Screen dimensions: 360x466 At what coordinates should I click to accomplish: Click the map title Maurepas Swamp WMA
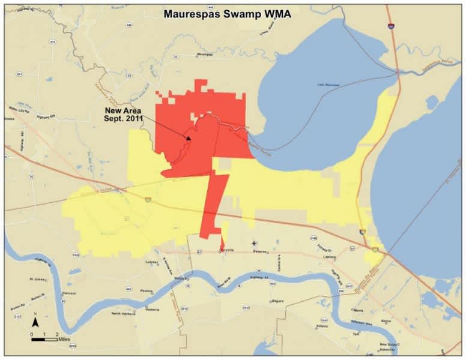227,14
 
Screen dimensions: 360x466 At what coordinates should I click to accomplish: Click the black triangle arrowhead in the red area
188,138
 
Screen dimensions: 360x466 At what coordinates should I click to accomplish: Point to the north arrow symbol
36,322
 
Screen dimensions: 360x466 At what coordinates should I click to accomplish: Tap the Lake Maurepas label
328,85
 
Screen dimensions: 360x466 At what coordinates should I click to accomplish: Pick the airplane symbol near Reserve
254,243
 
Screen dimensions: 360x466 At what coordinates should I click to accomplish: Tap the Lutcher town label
151,262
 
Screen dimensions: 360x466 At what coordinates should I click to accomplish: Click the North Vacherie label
124,313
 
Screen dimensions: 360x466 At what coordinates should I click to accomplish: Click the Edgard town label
277,301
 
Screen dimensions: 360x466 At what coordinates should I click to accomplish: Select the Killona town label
322,326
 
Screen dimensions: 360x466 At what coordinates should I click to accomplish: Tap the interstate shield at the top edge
391,26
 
